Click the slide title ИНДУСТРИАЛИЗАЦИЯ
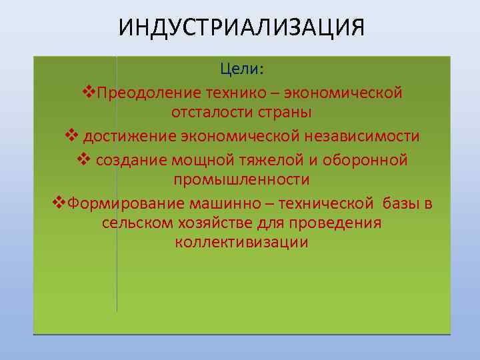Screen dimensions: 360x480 coord(241,29)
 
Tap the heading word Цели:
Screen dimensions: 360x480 coord(242,69)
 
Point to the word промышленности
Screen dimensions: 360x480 coord(241,180)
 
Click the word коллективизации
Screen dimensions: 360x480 coord(241,243)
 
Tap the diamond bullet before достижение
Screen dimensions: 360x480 coord(71,135)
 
